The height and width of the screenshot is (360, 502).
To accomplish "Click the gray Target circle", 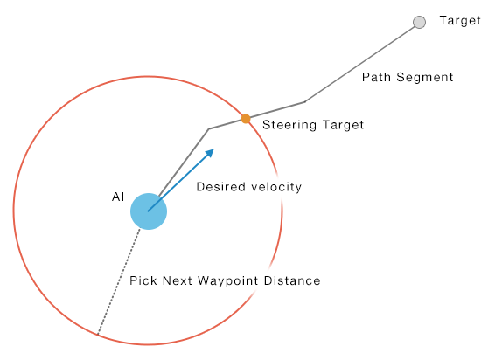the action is pos(419,22).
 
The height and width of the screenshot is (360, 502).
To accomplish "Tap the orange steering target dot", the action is pos(246,119).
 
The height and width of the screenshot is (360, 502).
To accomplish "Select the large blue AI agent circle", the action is pos(149,211).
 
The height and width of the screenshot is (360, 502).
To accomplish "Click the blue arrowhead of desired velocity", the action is pos(210,153).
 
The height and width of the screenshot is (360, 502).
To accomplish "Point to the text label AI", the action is pos(118,197).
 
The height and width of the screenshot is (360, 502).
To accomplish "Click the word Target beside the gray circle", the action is pos(460,20).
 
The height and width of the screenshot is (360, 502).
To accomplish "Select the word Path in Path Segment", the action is pos(376,77).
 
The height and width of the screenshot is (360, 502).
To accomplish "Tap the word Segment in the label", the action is pos(425,78).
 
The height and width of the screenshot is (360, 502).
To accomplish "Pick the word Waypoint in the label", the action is pos(228,281).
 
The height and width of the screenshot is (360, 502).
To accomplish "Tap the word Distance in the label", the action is pos(292,280).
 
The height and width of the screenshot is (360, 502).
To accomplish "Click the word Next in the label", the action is pos(178,280).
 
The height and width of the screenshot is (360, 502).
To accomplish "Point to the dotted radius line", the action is pos(119,281).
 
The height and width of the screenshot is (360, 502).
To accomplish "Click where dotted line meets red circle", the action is pos(97,335).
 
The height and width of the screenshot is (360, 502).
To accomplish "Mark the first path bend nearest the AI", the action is pos(209,128).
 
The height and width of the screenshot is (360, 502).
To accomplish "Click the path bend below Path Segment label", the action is pos(304,102).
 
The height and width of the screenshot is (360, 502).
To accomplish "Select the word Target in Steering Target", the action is pos(343,125).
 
